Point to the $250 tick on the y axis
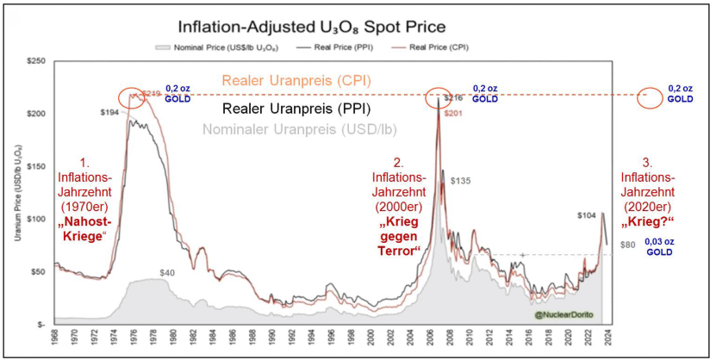coord(35,62)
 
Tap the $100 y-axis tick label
coord(35,219)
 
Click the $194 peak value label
coord(109,113)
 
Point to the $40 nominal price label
coord(167,273)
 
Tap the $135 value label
coord(462,181)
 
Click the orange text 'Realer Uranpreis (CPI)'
coord(296,80)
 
